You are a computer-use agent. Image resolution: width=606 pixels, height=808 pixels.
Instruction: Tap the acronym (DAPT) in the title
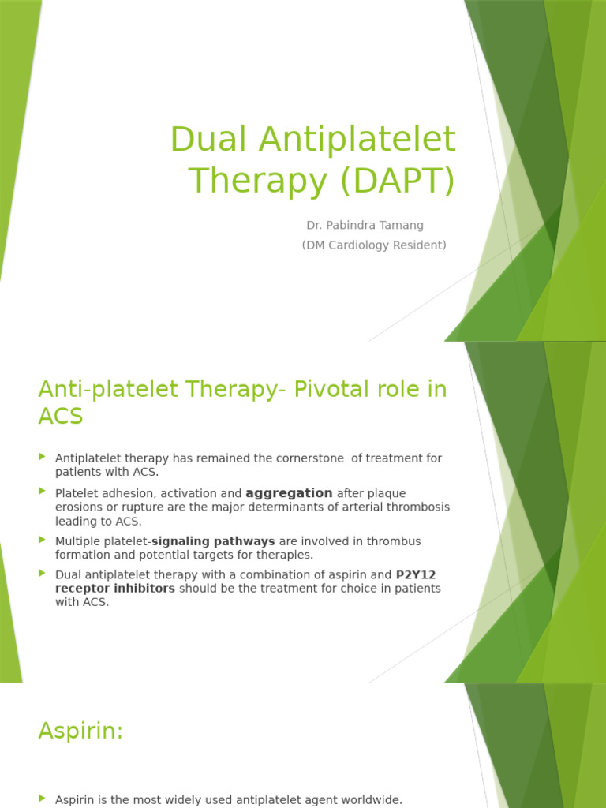point(398,181)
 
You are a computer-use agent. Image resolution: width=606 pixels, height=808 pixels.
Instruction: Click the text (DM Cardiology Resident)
point(374,245)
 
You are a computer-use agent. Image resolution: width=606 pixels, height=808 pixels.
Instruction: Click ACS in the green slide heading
point(60,417)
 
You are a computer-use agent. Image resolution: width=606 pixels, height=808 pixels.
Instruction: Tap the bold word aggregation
point(289,493)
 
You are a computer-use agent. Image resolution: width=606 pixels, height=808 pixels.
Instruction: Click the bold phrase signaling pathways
point(213,541)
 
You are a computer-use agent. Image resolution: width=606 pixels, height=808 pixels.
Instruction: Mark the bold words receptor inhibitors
point(115,589)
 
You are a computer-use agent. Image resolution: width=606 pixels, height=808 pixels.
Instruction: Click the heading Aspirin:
point(80,731)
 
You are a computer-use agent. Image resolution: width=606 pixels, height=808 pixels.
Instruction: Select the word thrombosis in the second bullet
point(421,507)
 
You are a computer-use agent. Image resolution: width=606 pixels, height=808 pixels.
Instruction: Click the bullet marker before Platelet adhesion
point(43,491)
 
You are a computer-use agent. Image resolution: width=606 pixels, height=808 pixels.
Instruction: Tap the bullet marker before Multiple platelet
point(43,540)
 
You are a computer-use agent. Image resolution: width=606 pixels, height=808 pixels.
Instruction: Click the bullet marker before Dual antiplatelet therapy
point(43,573)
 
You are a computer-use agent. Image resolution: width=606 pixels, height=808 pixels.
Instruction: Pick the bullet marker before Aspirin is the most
point(43,799)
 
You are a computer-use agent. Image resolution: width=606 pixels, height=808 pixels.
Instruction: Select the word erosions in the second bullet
point(78,507)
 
